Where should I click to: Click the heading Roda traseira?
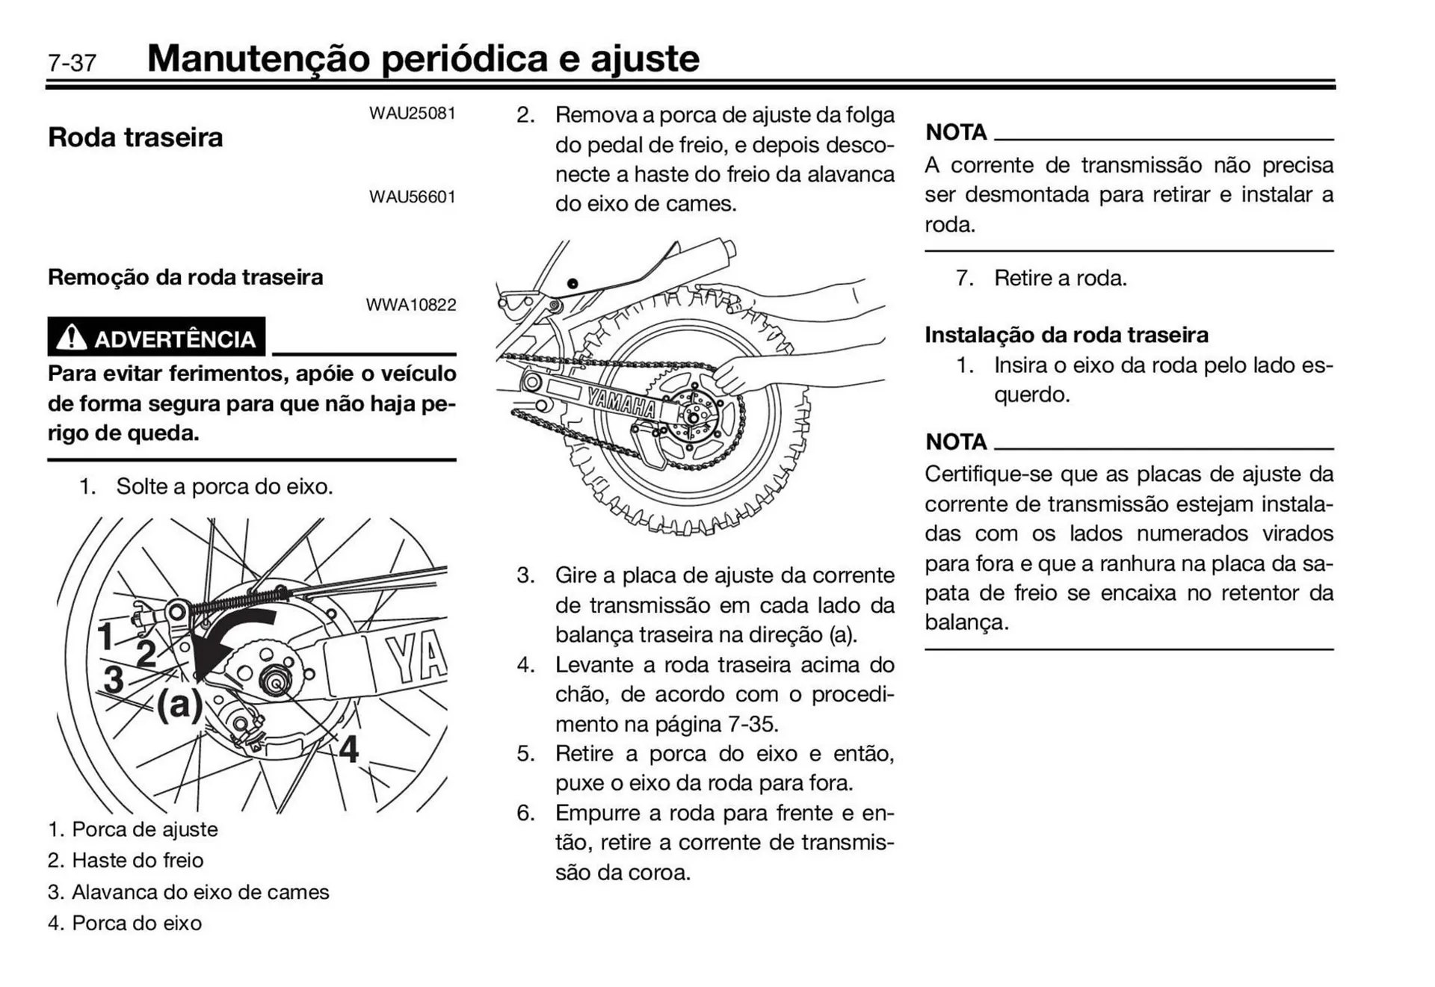click(x=135, y=137)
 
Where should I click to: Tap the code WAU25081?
click(x=412, y=114)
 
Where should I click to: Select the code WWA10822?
click(x=410, y=305)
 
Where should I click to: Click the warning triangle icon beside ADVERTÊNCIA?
click(x=72, y=338)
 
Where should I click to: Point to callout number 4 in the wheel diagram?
click(x=348, y=749)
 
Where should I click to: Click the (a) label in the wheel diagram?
click(x=179, y=703)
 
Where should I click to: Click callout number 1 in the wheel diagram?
click(x=105, y=637)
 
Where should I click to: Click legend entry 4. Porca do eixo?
click(x=125, y=923)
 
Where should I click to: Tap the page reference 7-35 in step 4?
click(x=753, y=724)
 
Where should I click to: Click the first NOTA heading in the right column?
click(x=956, y=132)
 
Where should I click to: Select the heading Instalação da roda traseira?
click(x=1066, y=335)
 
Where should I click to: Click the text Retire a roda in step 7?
click(x=1059, y=279)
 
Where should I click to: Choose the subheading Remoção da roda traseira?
click(x=185, y=277)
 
